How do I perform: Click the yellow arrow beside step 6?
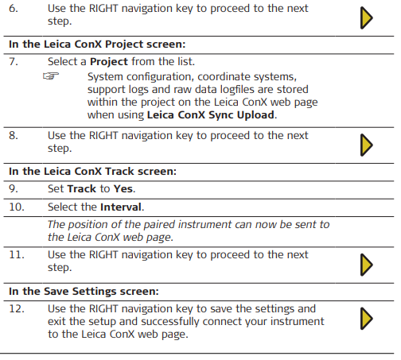pos(367,18)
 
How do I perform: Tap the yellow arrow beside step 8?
pos(367,145)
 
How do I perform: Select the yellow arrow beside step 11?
pos(367,265)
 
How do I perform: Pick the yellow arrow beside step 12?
pos(367,319)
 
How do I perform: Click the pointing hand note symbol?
pos(51,76)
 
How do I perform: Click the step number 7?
pos(14,61)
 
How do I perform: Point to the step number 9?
pos(14,188)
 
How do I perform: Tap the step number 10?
pos(17,207)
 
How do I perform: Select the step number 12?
pos(17,309)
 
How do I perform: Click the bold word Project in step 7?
pos(109,62)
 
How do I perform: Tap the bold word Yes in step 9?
pos(123,189)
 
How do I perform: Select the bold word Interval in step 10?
pos(121,207)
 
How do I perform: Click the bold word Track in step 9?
pos(82,189)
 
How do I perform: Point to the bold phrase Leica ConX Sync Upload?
pos(211,115)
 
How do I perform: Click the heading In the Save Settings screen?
pos(84,292)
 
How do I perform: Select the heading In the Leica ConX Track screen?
pos(92,172)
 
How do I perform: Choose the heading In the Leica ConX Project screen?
pos(97,45)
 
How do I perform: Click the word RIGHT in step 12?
pos(103,309)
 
